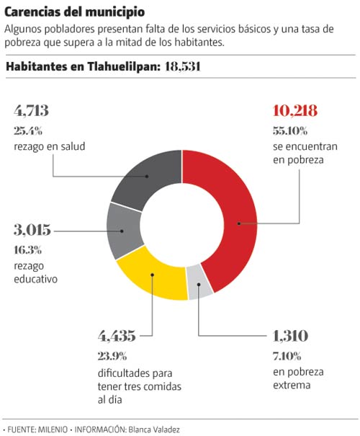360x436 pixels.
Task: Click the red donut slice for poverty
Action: (236, 223)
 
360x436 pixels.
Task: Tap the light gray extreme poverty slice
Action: (199, 283)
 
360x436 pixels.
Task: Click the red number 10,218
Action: (295, 111)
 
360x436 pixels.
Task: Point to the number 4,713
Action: (32, 111)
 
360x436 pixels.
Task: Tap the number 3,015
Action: (32, 230)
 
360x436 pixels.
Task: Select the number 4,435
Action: (117, 336)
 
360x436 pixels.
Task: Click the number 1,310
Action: (291, 336)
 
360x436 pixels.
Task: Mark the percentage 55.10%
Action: (290, 130)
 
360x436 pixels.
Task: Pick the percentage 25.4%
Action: (28, 130)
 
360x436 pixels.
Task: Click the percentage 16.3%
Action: (28, 250)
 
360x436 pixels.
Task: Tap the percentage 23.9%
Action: (112, 356)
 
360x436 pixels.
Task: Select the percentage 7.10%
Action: (287, 356)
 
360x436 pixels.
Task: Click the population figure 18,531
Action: (182, 67)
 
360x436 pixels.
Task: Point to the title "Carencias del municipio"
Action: (75, 12)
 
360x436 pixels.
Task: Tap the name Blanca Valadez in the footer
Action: (154, 430)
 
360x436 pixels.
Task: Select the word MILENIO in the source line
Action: (53, 430)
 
